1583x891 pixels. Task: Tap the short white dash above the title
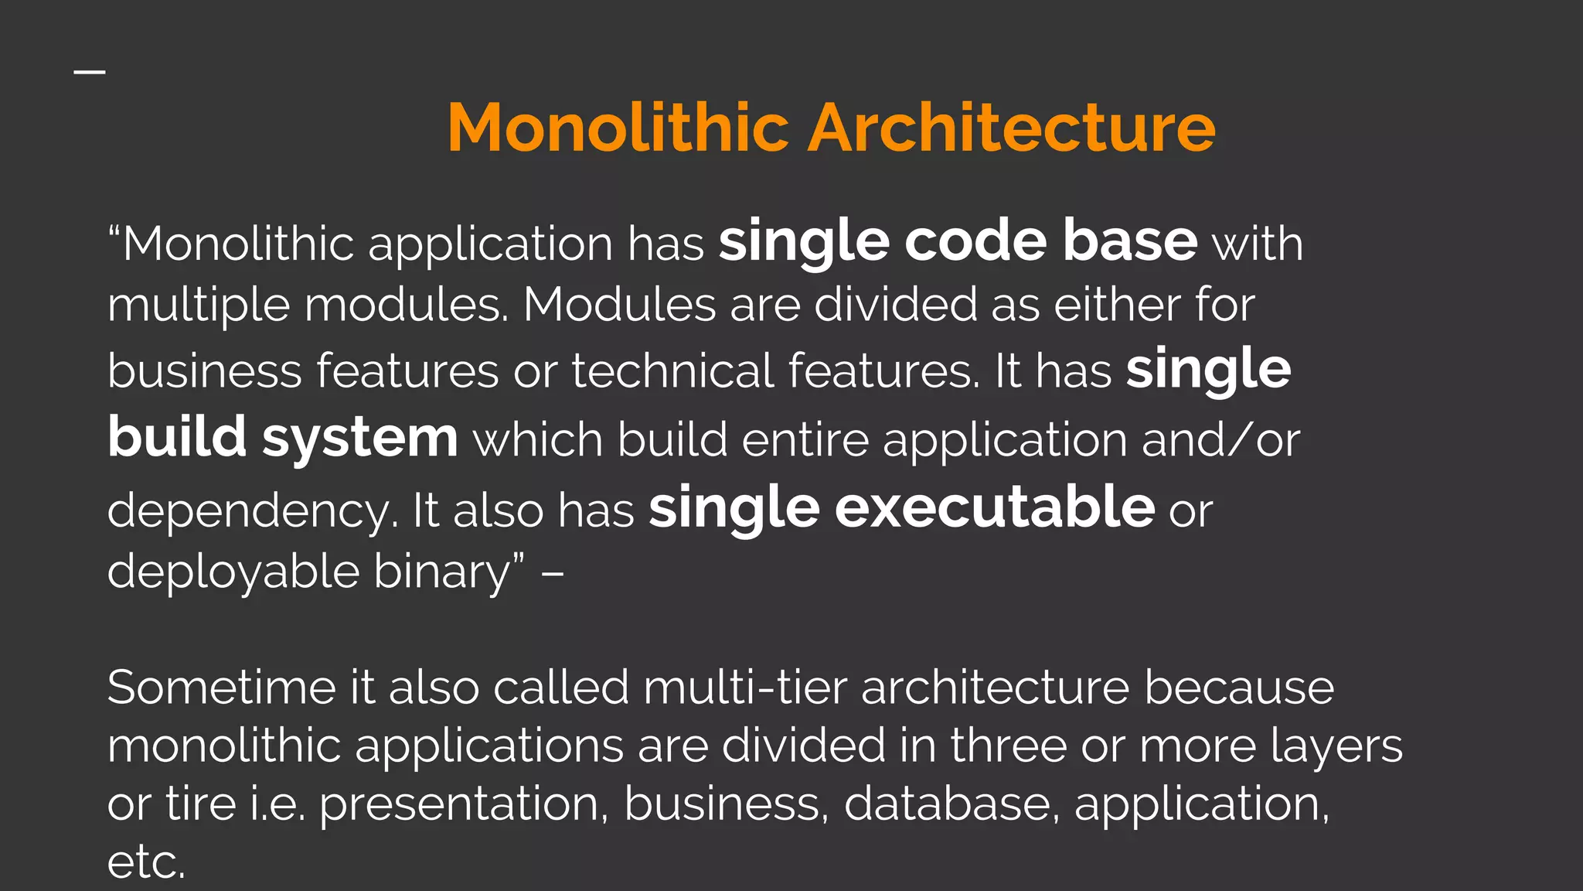point(90,72)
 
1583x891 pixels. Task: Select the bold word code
point(975,241)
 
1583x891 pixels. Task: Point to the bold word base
point(1130,241)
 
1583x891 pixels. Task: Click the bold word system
point(360,439)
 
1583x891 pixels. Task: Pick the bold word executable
point(995,508)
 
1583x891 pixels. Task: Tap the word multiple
point(199,306)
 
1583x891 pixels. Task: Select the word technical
point(672,371)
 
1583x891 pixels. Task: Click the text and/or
point(1220,440)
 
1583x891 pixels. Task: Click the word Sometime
point(221,688)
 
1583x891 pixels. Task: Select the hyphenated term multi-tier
point(745,688)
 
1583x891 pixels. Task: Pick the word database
point(948,804)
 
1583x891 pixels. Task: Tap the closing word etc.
point(146,862)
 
